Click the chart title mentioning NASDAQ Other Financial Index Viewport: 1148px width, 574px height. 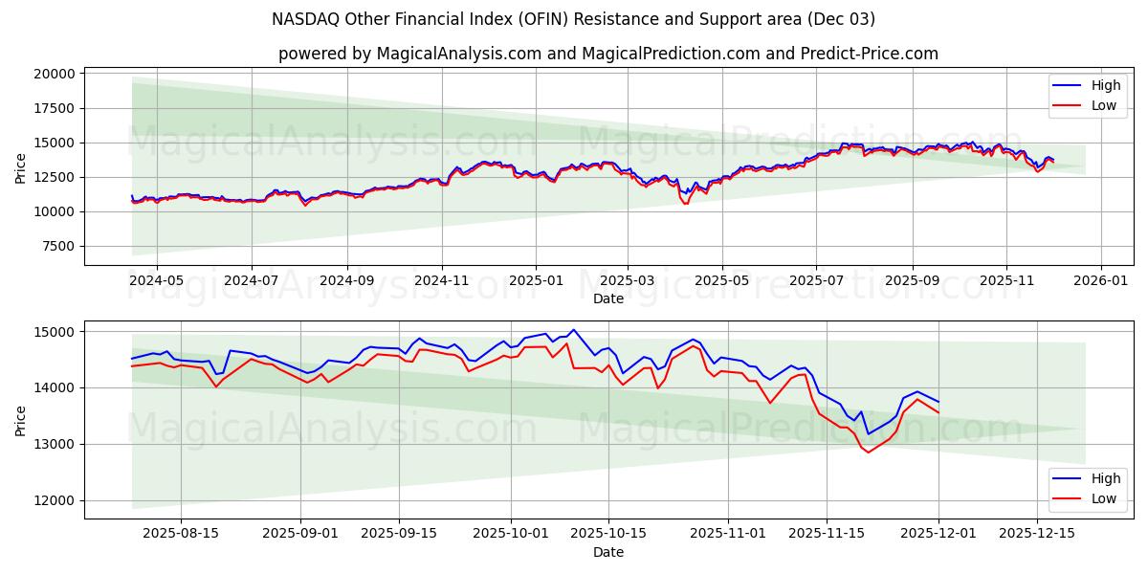tap(574, 19)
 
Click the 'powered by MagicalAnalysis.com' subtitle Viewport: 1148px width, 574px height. tap(608, 54)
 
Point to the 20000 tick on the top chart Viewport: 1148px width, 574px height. tap(55, 74)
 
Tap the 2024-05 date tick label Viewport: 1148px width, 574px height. tap(156, 280)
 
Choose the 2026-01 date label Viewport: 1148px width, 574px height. tap(1100, 280)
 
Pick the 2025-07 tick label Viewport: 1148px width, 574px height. tap(816, 280)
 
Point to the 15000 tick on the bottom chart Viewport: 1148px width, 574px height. tap(55, 332)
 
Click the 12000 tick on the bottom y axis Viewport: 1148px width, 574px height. tap(55, 500)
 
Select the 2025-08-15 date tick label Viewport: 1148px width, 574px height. tap(181, 534)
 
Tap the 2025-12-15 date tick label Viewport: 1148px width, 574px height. tap(1037, 534)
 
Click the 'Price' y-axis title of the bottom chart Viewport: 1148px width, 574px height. tap(21, 419)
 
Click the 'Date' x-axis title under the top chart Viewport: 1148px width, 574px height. tap(608, 298)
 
